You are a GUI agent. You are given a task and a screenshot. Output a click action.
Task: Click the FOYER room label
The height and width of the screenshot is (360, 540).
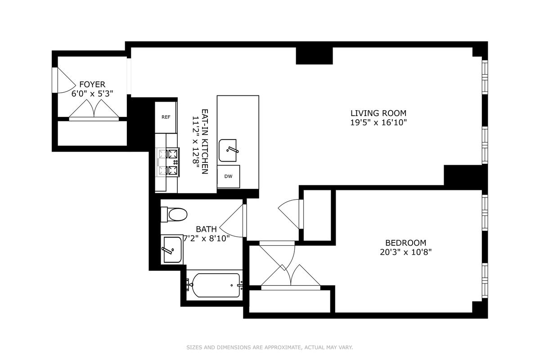click(x=92, y=85)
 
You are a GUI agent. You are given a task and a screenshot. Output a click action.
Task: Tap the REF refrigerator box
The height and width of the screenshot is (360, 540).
click(x=166, y=117)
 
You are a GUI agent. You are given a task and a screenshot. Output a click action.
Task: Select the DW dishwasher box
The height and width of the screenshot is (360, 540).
click(x=228, y=176)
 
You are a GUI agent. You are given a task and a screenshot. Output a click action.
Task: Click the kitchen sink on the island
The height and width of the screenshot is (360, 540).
click(x=228, y=150)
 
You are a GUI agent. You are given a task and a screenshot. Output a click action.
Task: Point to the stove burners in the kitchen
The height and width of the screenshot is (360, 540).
click(x=168, y=162)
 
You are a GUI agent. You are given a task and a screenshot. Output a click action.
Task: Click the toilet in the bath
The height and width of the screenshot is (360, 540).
click(x=174, y=214)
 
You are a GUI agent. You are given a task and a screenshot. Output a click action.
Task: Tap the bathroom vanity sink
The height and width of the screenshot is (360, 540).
click(x=172, y=249)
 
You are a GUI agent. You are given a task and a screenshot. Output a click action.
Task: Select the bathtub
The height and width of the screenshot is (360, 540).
click(x=215, y=285)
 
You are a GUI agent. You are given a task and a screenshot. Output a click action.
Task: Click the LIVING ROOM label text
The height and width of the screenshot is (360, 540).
click(x=378, y=113)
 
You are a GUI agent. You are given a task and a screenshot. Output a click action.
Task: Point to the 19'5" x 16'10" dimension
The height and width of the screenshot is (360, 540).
click(x=378, y=123)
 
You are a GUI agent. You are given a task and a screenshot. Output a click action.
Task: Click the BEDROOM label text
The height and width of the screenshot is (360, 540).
click(x=406, y=243)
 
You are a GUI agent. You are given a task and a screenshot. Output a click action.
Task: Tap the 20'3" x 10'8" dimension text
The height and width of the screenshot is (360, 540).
click(x=406, y=252)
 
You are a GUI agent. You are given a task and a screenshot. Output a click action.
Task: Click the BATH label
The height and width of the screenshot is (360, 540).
click(x=207, y=229)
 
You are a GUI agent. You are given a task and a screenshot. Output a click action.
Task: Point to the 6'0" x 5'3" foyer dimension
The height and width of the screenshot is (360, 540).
click(x=92, y=94)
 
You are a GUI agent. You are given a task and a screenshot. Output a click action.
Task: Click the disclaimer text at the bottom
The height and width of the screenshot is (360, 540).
click(x=270, y=347)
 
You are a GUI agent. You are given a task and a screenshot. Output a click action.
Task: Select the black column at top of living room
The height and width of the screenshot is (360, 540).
click(x=315, y=56)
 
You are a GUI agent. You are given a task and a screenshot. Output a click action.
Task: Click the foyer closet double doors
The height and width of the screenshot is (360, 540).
click(x=94, y=110)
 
